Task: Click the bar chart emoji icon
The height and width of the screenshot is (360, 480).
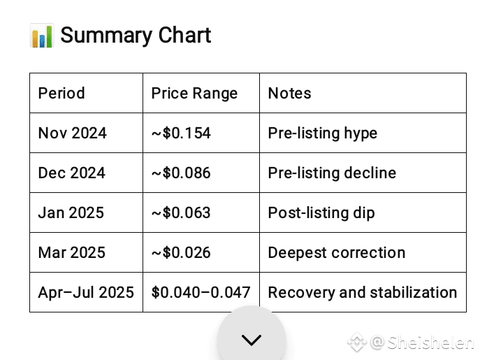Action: click(42, 36)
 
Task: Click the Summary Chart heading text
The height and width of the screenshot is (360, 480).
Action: click(136, 36)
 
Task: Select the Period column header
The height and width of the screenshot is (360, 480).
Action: click(61, 93)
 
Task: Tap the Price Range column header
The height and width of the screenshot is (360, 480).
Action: click(194, 94)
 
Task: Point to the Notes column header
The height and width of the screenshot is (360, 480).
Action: click(289, 93)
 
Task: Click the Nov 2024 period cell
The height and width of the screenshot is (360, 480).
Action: click(73, 133)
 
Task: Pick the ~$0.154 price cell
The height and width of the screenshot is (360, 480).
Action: click(181, 133)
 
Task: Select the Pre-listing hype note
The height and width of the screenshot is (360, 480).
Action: click(323, 134)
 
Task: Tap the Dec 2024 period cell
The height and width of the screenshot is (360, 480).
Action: click(72, 173)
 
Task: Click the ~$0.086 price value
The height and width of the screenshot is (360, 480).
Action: click(181, 173)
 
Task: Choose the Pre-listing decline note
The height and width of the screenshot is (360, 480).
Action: click(332, 173)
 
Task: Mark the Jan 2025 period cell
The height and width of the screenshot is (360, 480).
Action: click(71, 213)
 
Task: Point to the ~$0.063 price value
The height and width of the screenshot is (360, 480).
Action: click(181, 213)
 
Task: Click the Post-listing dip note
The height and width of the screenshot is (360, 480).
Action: click(321, 213)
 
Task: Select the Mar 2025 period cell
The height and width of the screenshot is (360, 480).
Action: click(72, 252)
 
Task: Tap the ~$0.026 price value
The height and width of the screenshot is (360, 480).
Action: click(181, 252)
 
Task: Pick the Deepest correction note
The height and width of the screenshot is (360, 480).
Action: click(337, 253)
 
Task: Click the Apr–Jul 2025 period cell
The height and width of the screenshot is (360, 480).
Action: click(86, 292)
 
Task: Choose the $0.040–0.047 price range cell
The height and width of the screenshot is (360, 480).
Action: click(201, 292)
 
